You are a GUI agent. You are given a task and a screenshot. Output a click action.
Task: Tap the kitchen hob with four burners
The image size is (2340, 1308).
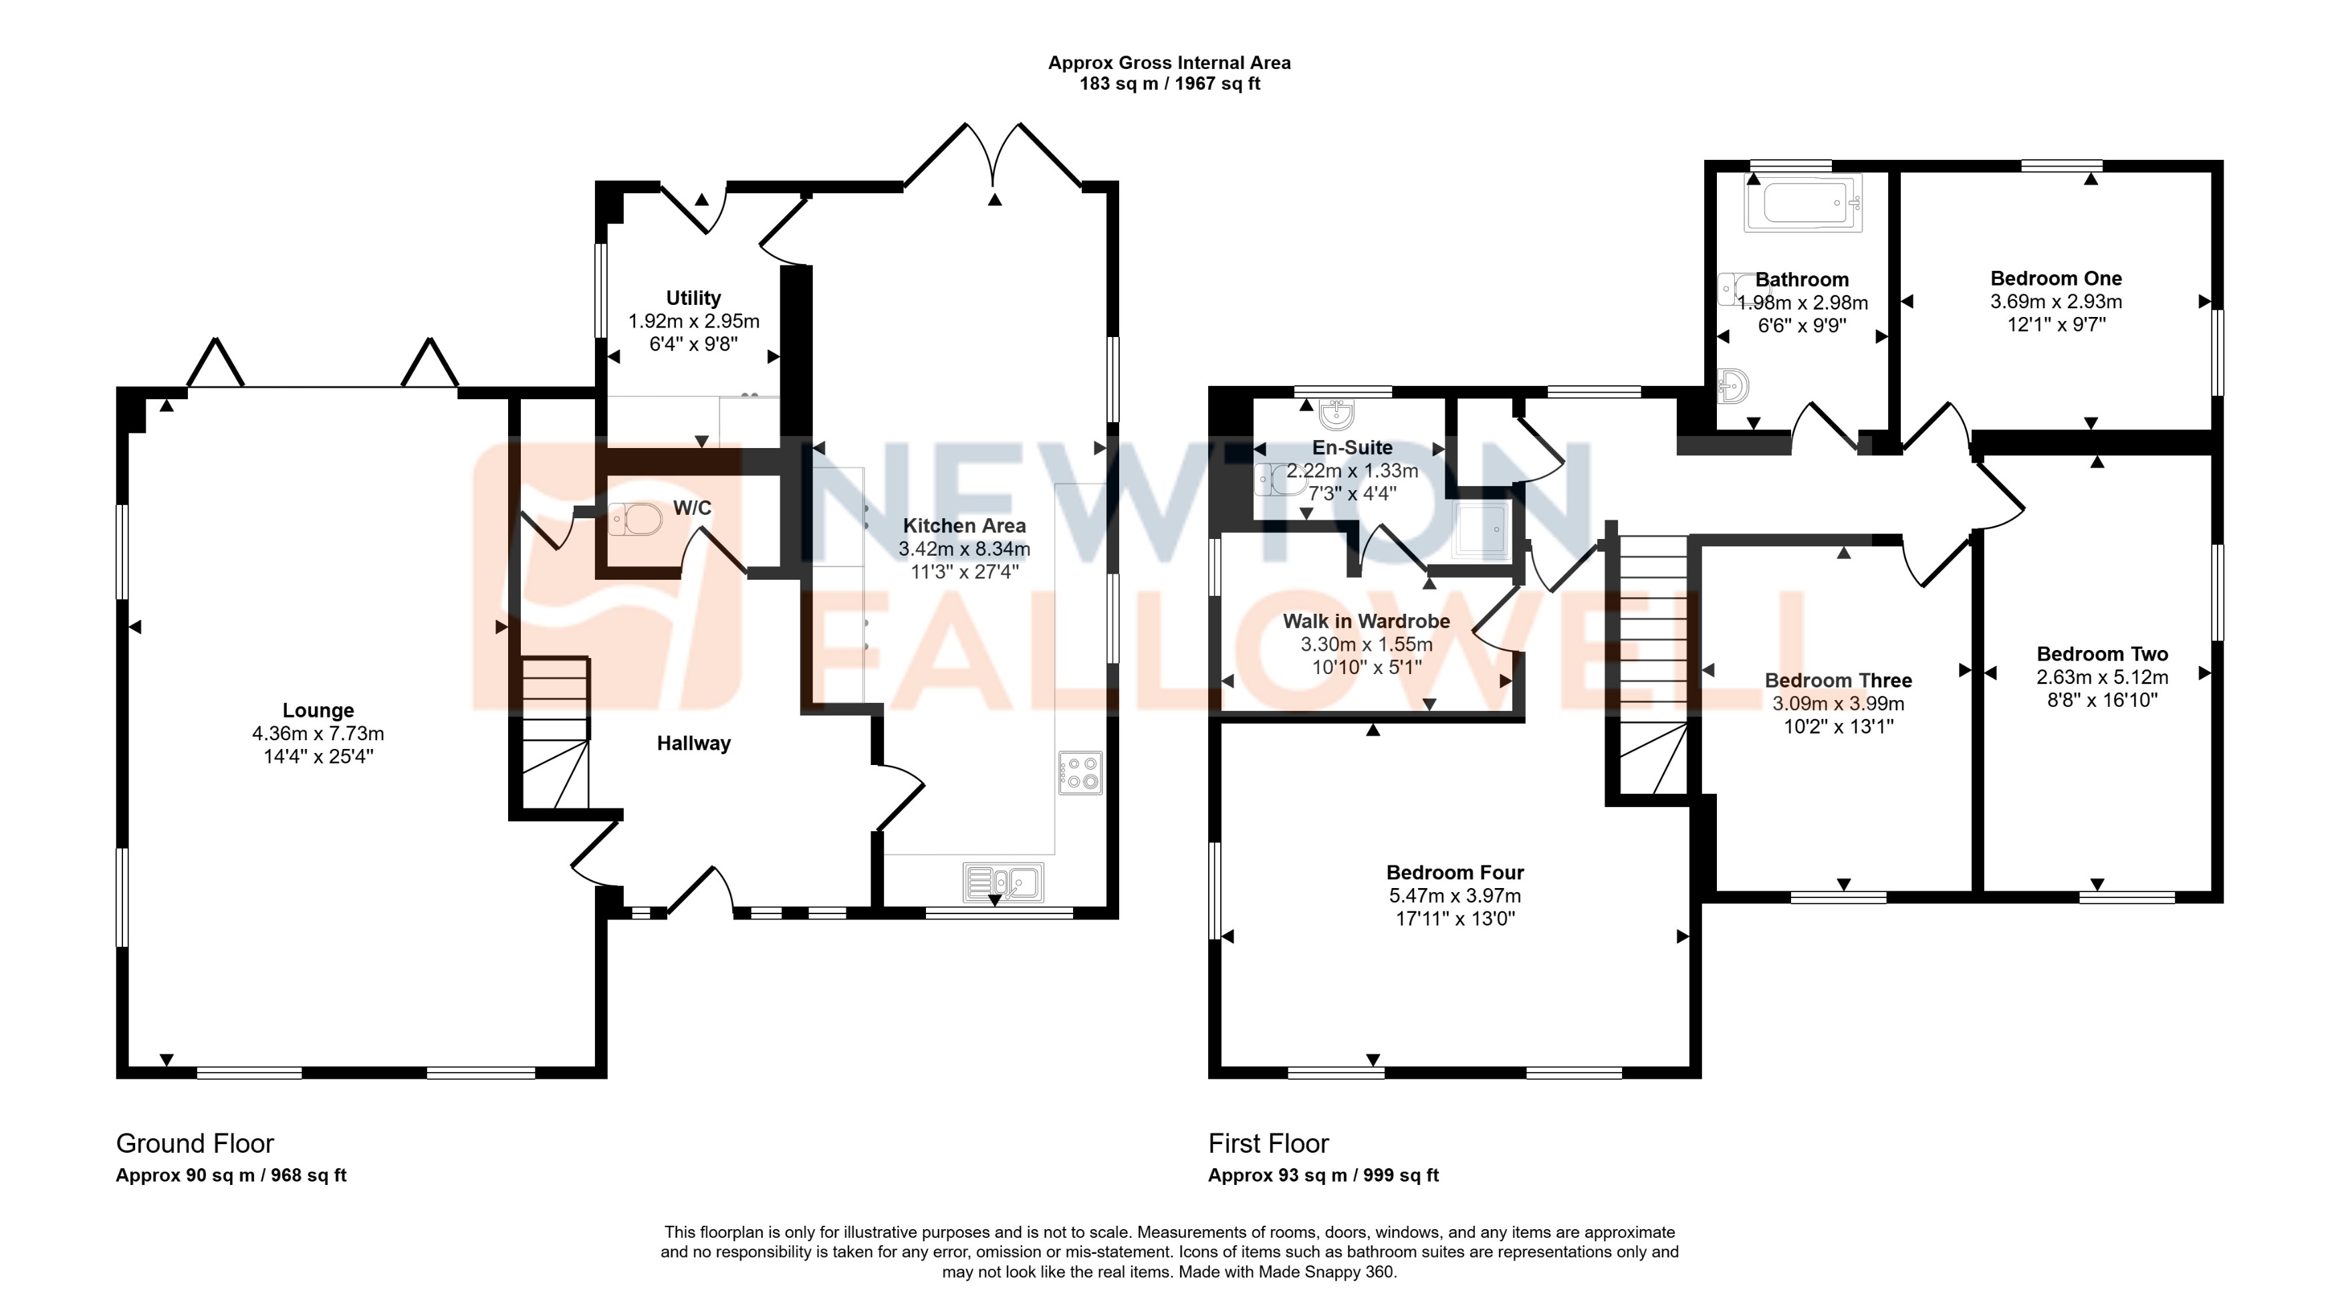[1080, 773]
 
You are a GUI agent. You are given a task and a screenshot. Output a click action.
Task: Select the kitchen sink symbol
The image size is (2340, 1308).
[1004, 881]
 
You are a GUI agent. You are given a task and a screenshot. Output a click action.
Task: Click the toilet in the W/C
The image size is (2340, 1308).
[636, 520]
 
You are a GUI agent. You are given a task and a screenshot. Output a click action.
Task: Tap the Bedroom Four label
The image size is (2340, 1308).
[1454, 873]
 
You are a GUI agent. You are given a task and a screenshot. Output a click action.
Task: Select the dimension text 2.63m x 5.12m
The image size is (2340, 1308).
[2102, 677]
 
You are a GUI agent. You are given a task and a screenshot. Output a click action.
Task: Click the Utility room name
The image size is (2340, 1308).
[693, 298]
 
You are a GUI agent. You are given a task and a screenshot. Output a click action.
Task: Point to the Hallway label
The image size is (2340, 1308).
[693, 744]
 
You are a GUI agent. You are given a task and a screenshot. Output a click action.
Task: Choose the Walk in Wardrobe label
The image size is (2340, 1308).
[1366, 622]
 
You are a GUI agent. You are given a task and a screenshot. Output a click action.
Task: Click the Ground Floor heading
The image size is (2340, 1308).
[195, 1143]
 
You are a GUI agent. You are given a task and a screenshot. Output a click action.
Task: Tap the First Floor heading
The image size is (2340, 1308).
[1268, 1143]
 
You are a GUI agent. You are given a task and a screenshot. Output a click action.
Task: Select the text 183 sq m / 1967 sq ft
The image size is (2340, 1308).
[1169, 84]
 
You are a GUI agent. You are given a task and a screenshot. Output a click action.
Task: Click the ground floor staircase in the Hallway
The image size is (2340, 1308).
[555, 734]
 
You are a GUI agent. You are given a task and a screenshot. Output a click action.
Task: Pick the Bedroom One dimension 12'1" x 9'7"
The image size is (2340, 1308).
[2056, 325]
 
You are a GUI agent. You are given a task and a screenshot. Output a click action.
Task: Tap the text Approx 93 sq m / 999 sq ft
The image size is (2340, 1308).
[1322, 1176]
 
